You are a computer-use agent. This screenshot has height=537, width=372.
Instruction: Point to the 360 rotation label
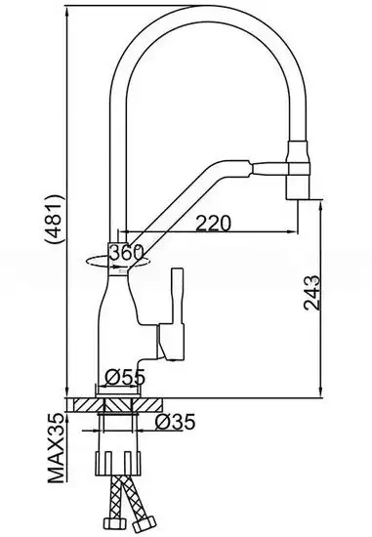point(126,253)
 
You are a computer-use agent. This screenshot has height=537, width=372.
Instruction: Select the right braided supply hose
point(143,507)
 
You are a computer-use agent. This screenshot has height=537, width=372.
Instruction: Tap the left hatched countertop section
point(89,402)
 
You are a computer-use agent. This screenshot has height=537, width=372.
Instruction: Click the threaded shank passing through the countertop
point(126,424)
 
